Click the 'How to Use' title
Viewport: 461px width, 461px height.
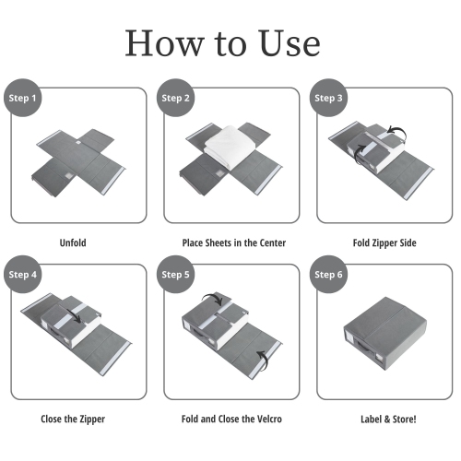click(x=222, y=43)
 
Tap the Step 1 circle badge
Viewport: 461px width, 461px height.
click(x=22, y=98)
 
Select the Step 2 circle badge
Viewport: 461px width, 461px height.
click(x=175, y=98)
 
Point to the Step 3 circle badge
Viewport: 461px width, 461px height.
click(x=328, y=98)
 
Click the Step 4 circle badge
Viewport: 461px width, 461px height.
click(x=22, y=274)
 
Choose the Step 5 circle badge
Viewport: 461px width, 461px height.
click(x=175, y=274)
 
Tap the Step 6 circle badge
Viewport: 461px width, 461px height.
click(x=328, y=274)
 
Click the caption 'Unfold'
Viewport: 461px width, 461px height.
click(x=73, y=242)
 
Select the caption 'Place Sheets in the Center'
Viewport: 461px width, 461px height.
click(x=234, y=243)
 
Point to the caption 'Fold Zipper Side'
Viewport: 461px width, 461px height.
click(x=384, y=243)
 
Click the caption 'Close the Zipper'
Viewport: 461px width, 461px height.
click(x=73, y=420)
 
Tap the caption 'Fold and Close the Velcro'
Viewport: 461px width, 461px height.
click(x=231, y=420)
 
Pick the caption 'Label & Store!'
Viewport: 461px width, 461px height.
click(x=388, y=420)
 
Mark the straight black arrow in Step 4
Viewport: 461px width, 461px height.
click(x=74, y=316)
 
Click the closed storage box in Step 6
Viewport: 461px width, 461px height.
click(x=384, y=334)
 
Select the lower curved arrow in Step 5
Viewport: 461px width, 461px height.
click(x=265, y=359)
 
